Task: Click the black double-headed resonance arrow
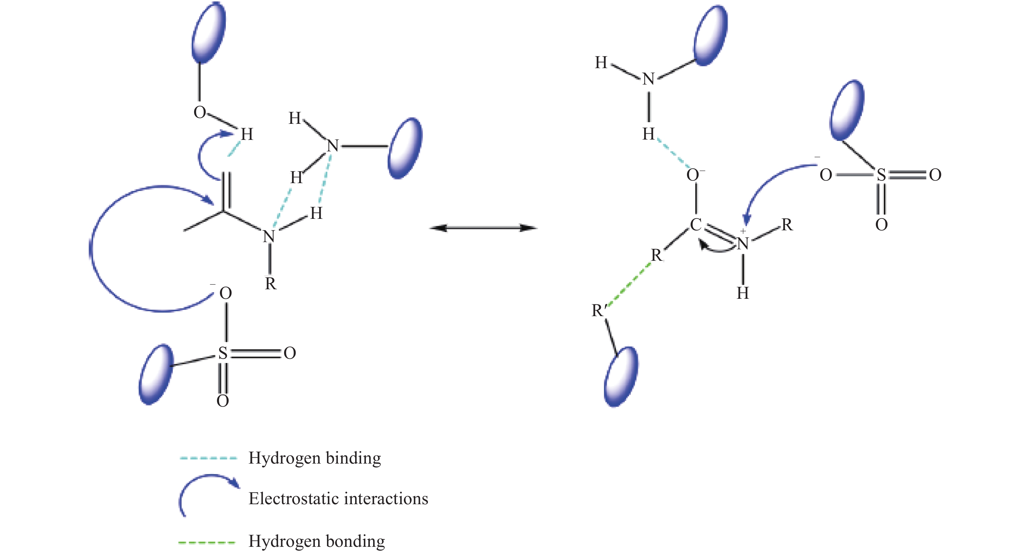point(483,228)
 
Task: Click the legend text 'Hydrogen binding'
point(315,458)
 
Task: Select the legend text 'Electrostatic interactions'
point(338,499)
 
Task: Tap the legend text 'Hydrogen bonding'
point(317,541)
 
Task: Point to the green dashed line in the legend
point(207,543)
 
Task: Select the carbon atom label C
point(696,225)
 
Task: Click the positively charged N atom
point(743,243)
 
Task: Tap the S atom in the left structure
point(223,353)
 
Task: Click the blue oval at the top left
point(208,33)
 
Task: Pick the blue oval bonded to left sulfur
point(156,374)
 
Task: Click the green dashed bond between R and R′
point(627,283)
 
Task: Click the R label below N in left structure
point(271,284)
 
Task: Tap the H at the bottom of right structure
point(743,293)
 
